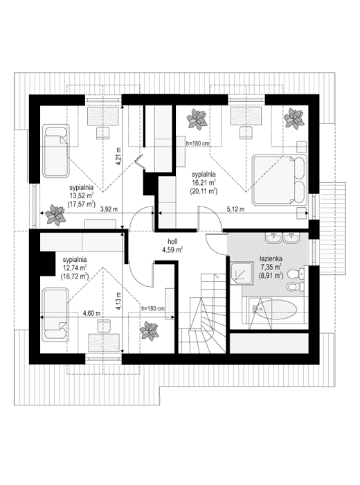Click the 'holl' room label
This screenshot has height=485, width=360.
click(172, 240)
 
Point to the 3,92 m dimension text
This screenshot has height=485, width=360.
click(109, 208)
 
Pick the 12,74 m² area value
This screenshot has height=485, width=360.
click(73, 267)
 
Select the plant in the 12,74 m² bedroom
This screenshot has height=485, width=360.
click(150, 333)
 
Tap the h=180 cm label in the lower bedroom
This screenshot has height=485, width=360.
click(152, 308)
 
